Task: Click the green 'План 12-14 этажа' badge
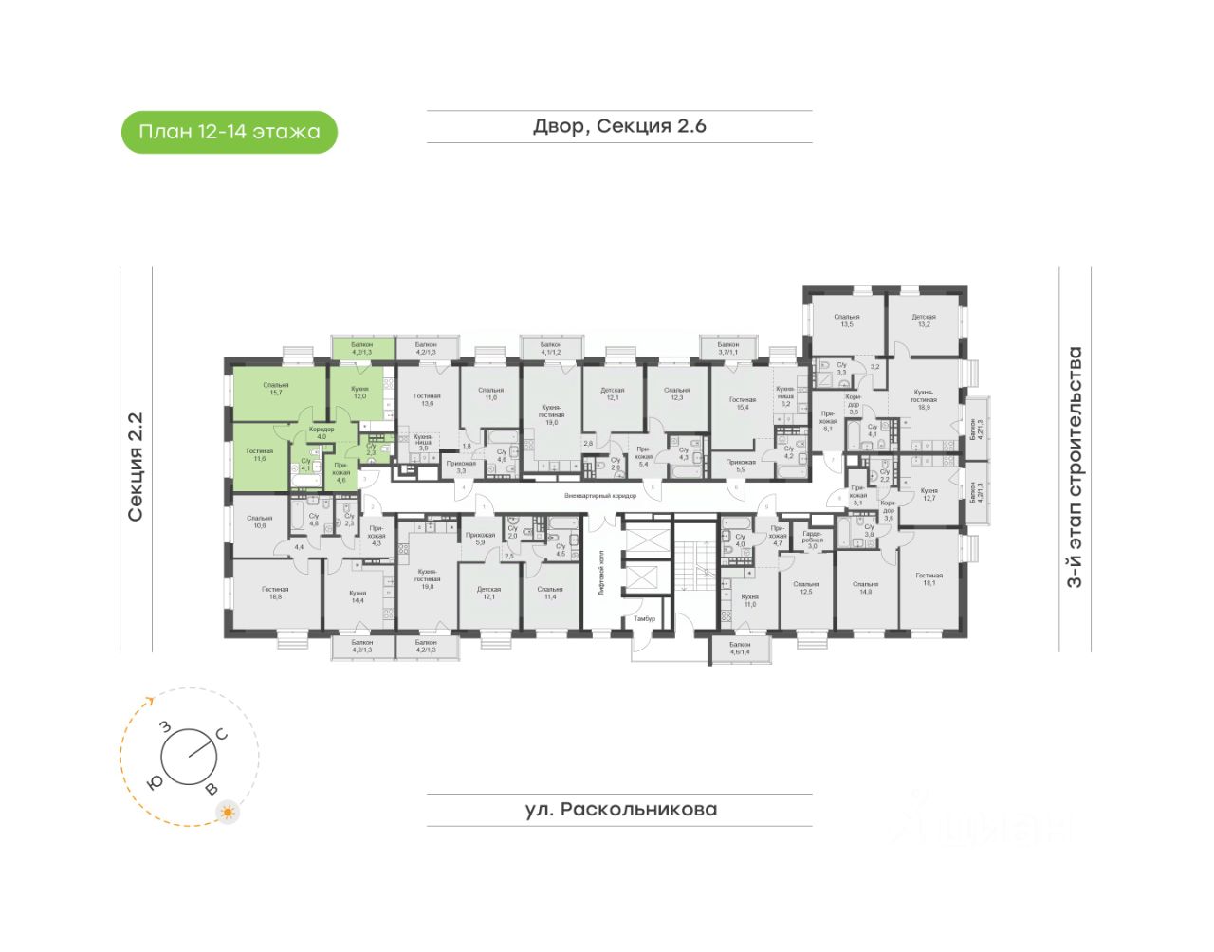click(229, 132)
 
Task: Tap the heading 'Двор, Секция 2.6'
click(619, 126)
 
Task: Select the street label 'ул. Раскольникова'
click(620, 810)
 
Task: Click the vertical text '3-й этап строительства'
click(1075, 467)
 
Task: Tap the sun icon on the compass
click(228, 813)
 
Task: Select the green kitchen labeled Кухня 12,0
click(359, 393)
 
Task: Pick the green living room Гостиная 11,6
click(259, 455)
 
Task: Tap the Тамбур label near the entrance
click(645, 618)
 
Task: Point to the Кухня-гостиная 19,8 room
click(427, 578)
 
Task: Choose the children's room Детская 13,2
click(923, 320)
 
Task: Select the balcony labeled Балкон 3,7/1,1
click(727, 348)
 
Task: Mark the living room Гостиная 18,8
click(275, 593)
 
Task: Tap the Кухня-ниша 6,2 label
click(784, 396)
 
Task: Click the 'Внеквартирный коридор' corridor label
click(599, 496)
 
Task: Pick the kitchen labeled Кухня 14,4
click(357, 596)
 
